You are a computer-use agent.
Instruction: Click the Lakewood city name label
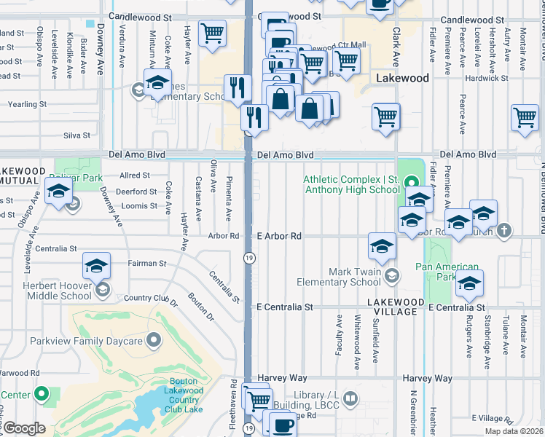pos(404,78)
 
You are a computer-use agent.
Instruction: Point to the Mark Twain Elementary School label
pos(354,277)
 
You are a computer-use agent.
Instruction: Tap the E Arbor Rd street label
pos(279,236)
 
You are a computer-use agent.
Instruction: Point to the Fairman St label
pos(147,264)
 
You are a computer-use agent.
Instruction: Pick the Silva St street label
pos(77,135)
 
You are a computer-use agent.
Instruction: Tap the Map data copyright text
pos(514,431)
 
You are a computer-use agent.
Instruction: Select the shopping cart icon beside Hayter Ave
pos(212,34)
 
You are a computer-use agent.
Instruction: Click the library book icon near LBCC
pos(350,398)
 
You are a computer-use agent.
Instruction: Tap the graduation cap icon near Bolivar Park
pos(58,192)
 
